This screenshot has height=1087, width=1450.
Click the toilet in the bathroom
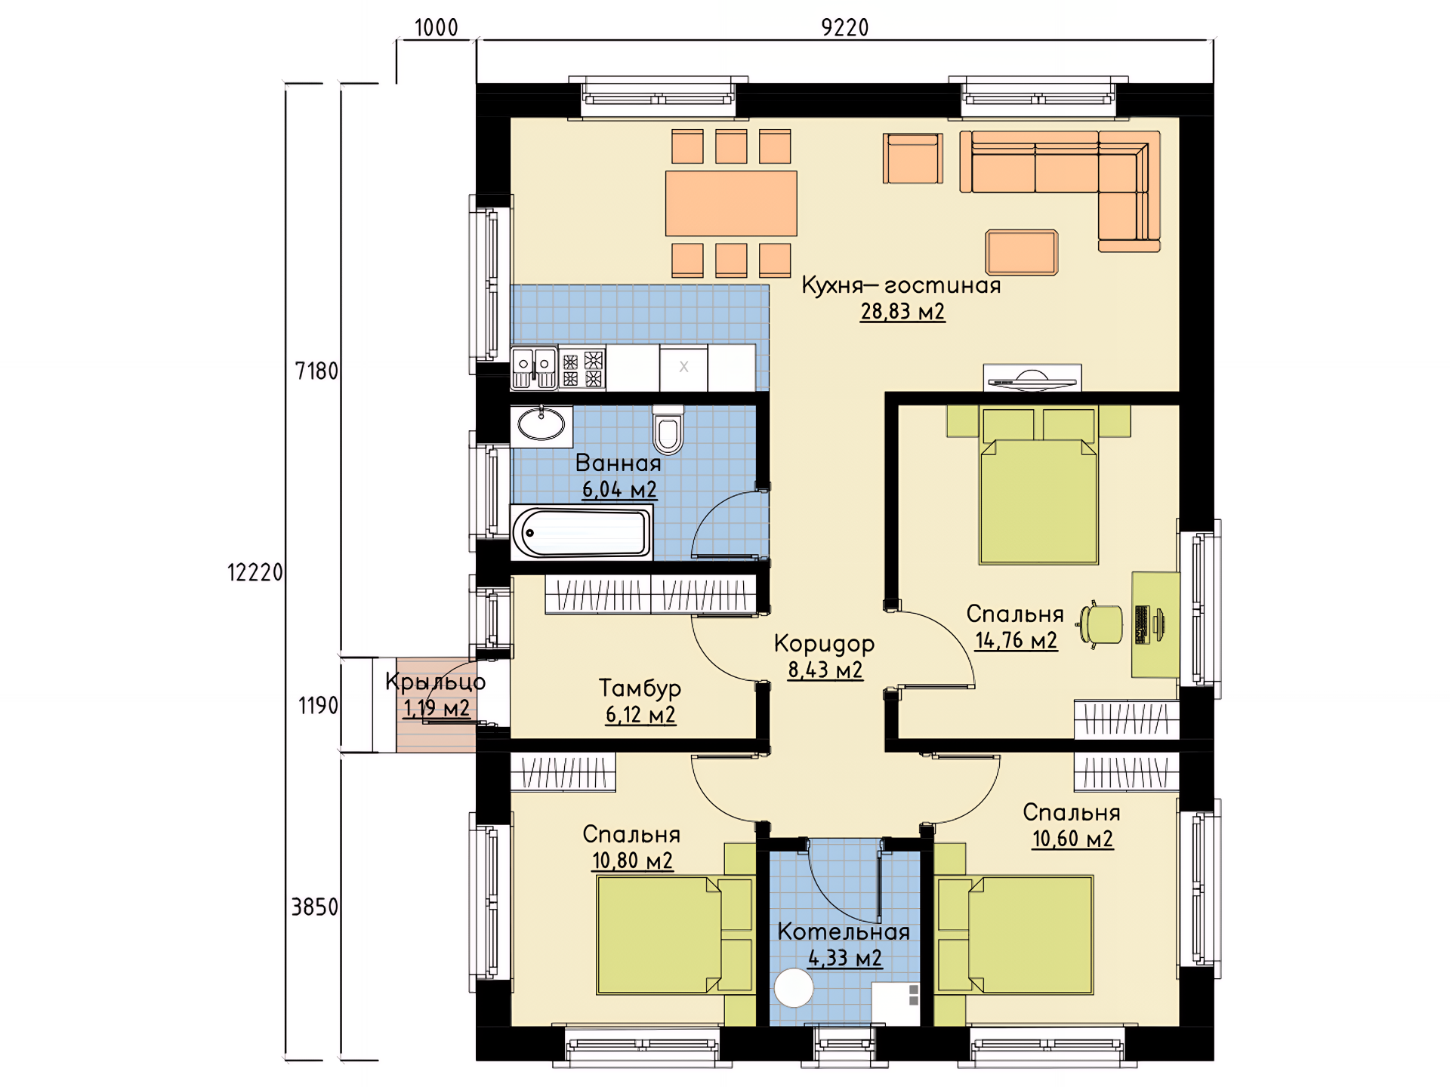[x=668, y=430]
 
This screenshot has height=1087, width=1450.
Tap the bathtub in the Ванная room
[x=582, y=532]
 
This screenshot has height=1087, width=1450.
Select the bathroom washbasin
[x=541, y=426]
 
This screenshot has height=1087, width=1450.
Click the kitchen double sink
[x=534, y=368]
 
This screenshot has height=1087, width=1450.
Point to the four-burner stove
[x=582, y=368]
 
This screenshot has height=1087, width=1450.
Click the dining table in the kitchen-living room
[x=731, y=203]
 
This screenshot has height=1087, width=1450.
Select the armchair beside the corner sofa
[x=913, y=159]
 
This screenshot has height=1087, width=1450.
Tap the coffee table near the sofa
[x=1021, y=252]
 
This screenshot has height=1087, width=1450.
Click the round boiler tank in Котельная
[x=794, y=987]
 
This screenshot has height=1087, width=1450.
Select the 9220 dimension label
[x=845, y=28]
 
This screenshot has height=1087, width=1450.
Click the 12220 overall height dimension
[x=255, y=573]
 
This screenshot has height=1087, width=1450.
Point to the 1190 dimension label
[x=318, y=706]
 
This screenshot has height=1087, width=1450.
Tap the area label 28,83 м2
[x=902, y=312]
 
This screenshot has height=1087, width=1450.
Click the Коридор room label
[x=825, y=644]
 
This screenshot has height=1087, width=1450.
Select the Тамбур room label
[x=640, y=688]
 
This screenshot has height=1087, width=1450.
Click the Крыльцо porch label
[x=436, y=682]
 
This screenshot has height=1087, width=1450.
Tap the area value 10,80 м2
[x=632, y=861]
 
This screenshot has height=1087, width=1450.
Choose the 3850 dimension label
[x=315, y=907]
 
